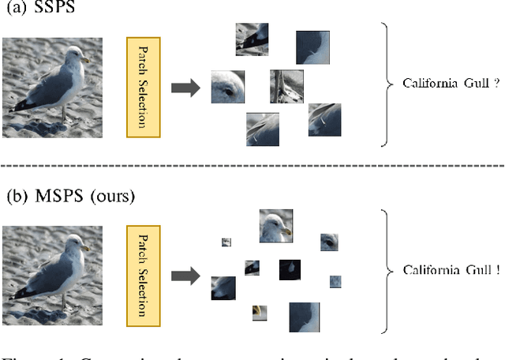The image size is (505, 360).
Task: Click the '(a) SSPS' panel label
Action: (x=36, y=11)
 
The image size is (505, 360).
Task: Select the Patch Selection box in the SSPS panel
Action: (x=143, y=85)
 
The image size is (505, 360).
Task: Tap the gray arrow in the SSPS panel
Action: (x=186, y=86)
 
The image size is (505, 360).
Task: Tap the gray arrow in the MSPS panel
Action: (x=186, y=276)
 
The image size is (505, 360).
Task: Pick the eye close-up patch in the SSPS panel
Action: (x=228, y=87)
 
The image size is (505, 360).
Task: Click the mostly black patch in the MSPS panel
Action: (x=290, y=271)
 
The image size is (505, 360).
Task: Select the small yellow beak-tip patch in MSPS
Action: (x=259, y=313)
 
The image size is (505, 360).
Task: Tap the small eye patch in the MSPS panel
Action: (x=329, y=242)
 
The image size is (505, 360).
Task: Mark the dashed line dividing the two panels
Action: (x=252, y=166)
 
